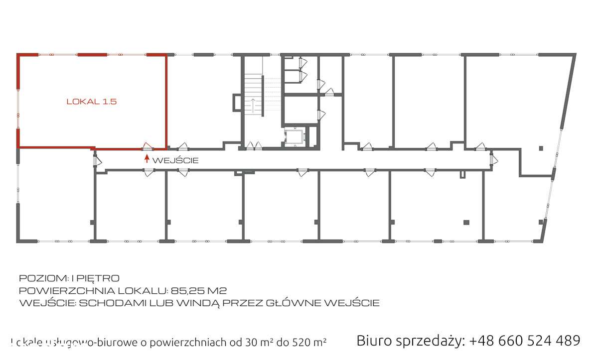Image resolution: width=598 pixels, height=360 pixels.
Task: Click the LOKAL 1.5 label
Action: point(91,102)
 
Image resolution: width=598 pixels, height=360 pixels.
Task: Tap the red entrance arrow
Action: point(147,159)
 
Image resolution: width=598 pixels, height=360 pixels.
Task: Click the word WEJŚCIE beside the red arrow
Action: point(175,160)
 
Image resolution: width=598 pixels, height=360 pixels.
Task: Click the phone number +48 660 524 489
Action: point(525,341)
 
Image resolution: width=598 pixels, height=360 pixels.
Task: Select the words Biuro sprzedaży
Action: point(410,341)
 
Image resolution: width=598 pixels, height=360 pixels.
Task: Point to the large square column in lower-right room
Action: point(466,222)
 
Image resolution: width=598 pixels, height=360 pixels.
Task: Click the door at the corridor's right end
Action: point(493,159)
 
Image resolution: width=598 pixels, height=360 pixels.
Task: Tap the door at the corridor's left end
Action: point(96,160)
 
